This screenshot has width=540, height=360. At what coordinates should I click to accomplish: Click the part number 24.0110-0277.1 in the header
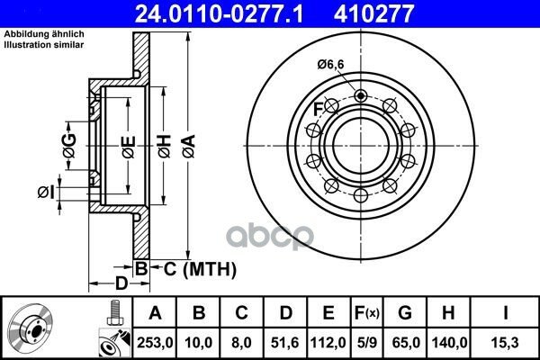tap(219, 13)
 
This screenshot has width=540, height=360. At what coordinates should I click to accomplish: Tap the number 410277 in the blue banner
tap(373, 13)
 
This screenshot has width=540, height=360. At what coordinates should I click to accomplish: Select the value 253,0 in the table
tap(155, 343)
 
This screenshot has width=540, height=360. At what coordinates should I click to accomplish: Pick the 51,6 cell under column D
tap(284, 343)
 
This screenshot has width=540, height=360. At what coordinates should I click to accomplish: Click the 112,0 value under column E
tap(328, 343)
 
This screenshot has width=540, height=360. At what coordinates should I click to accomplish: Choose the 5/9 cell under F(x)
tap(366, 343)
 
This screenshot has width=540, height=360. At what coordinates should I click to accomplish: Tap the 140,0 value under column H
tap(449, 343)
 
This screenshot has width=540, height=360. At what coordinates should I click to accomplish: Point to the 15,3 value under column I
tap(505, 343)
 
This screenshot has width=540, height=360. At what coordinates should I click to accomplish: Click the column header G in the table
tap(405, 313)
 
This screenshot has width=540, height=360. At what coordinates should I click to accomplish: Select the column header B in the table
tap(199, 313)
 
